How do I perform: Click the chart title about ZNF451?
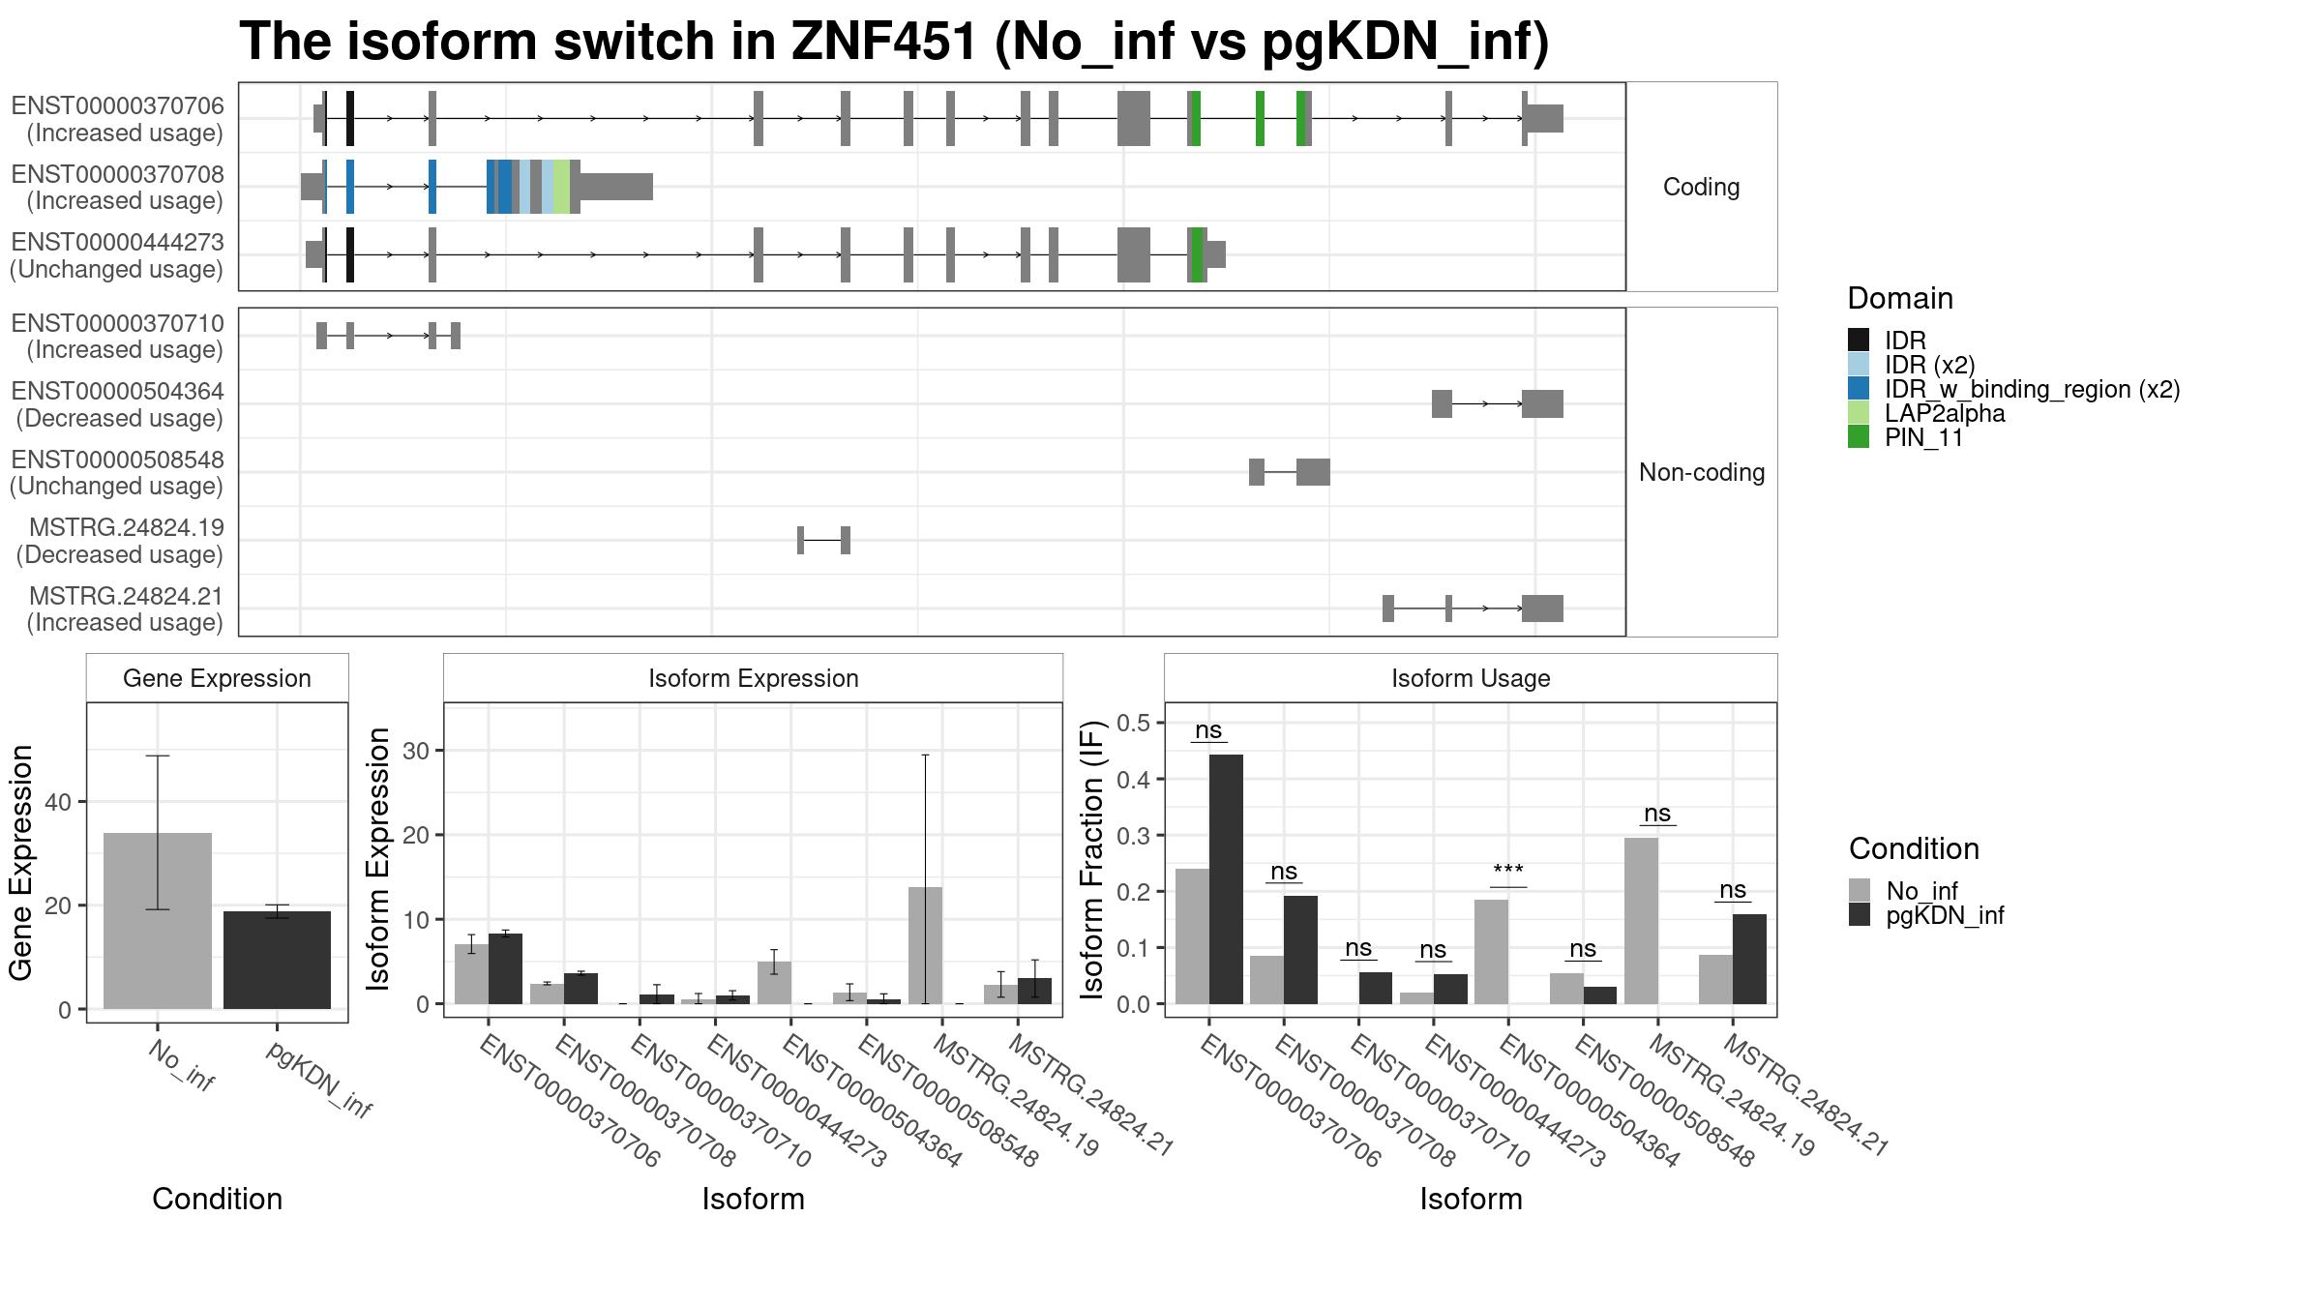tap(894, 42)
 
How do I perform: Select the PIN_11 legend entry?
tap(1906, 437)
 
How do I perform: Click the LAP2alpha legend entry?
tap(1926, 413)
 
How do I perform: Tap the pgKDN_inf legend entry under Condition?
tap(1926, 915)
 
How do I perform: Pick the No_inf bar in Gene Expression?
tap(158, 921)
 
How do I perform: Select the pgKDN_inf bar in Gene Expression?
tap(277, 960)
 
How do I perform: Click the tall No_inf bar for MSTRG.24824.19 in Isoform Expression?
tap(925, 945)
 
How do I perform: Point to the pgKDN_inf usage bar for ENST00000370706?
tap(1226, 879)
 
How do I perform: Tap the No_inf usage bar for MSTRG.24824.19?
tap(1641, 921)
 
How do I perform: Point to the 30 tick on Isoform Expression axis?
tap(416, 751)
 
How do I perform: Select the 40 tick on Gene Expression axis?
tap(58, 802)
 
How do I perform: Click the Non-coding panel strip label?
tap(1702, 472)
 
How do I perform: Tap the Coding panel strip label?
tap(1701, 187)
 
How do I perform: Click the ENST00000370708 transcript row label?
tap(117, 187)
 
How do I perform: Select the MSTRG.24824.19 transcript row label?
tap(120, 541)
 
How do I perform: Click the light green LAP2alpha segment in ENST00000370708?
tap(561, 187)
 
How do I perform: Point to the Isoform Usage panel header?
tap(1471, 678)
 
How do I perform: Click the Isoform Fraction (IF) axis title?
tap(1092, 859)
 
